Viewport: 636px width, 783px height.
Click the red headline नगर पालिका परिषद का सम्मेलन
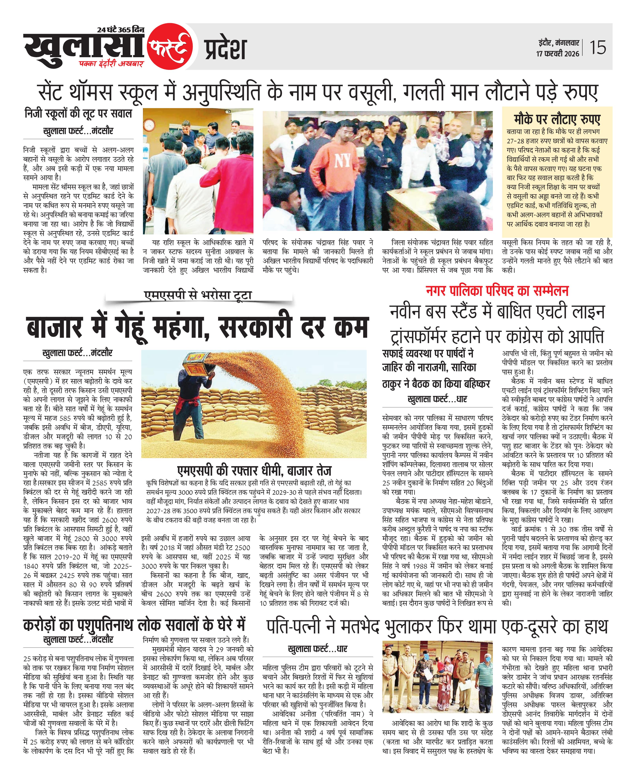click(x=497, y=291)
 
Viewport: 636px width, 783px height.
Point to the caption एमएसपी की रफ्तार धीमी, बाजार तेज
click(x=254, y=471)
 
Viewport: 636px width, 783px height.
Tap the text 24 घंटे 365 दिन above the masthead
click(x=121, y=29)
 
